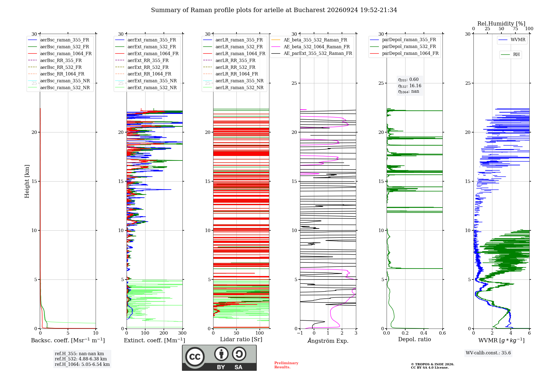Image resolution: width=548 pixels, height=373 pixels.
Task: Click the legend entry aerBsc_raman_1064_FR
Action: pyautogui.click(x=60, y=53)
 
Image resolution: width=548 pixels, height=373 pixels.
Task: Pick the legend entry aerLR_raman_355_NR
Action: pyautogui.click(x=233, y=81)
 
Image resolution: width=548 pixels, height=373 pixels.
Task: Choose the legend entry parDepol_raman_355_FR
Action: pyautogui.click(x=403, y=40)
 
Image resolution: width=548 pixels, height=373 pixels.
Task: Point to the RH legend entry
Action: pyautogui.click(x=510, y=55)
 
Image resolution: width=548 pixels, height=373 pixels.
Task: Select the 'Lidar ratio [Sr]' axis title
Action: pyautogui.click(x=241, y=340)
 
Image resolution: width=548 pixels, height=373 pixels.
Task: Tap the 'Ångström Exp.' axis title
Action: pyautogui.click(x=328, y=341)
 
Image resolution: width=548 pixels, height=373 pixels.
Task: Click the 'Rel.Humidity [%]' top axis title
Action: pyautogui.click(x=501, y=24)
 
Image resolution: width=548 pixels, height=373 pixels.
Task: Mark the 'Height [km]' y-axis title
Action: pyautogui.click(x=27, y=181)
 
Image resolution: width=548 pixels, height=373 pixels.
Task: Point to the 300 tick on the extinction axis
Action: pyautogui.click(x=182, y=333)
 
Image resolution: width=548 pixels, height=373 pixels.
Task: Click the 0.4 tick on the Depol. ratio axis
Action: pyautogui.click(x=424, y=333)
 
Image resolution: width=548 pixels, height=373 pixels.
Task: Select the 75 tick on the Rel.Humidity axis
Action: pyautogui.click(x=515, y=29)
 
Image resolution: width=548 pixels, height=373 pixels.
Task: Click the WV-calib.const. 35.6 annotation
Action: pyautogui.click(x=488, y=353)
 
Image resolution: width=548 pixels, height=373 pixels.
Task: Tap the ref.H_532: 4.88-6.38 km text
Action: pyautogui.click(x=81, y=359)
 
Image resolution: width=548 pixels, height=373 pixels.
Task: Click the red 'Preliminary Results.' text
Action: pyautogui.click(x=286, y=365)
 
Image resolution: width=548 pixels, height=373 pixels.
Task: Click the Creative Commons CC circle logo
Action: pyautogui.click(x=195, y=357)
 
